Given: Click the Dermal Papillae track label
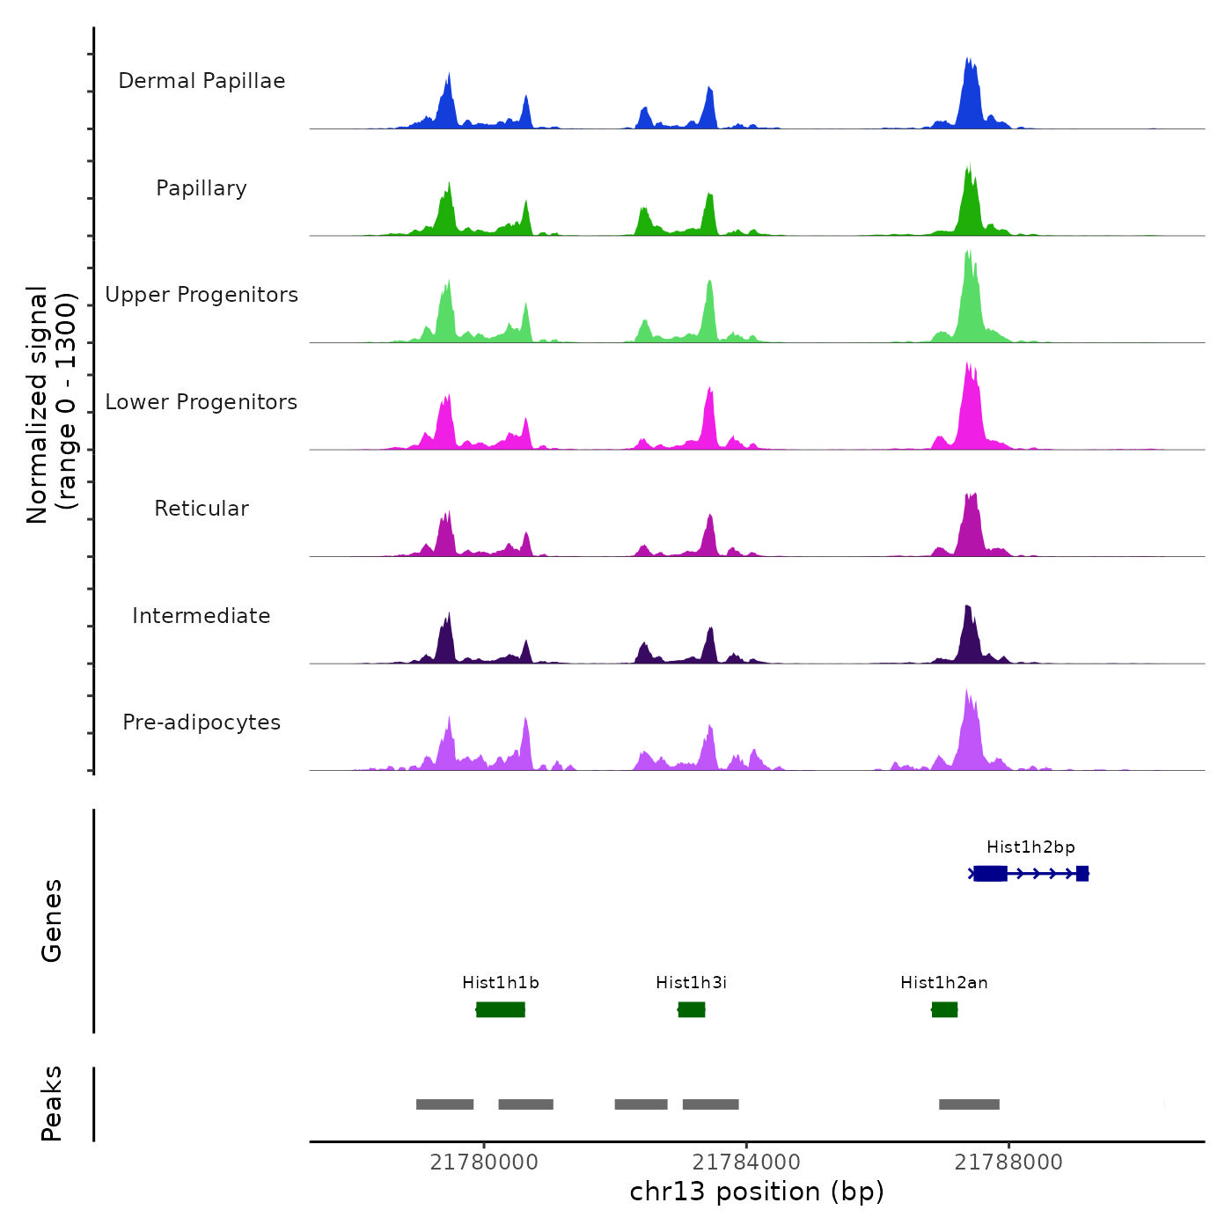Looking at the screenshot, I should click(202, 81).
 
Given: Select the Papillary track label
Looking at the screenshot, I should click(202, 188).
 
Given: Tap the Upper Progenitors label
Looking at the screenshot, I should click(202, 295).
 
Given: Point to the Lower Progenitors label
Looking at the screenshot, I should click(202, 402).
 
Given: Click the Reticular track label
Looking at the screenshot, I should click(202, 509).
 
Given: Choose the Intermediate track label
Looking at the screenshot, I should click(202, 616).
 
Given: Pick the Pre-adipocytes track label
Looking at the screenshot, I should click(202, 722).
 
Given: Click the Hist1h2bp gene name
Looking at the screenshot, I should click(1030, 847).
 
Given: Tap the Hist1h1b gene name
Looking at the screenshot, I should click(501, 983).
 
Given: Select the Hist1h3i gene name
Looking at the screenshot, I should click(692, 983).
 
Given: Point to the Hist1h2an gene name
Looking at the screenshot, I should click(944, 983).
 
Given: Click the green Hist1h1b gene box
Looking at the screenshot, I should click(501, 1009).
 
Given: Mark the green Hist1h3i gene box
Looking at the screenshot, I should click(692, 1009).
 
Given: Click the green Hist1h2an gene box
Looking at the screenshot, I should click(944, 1009).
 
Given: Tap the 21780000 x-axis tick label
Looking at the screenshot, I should click(484, 1162).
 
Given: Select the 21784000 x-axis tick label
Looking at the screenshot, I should click(746, 1162).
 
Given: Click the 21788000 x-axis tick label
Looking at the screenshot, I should click(1008, 1162).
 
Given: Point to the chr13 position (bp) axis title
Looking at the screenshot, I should click(757, 1192).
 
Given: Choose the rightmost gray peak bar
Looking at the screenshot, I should click(969, 1104).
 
